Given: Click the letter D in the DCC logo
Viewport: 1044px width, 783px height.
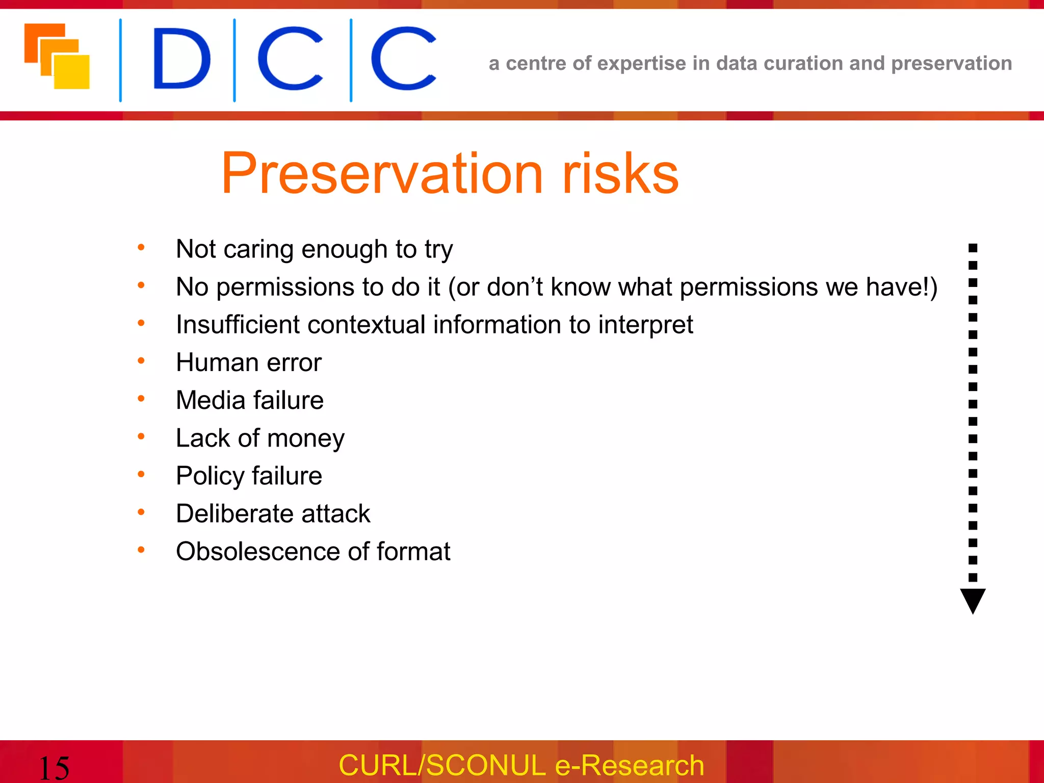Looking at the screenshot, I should click(x=181, y=59).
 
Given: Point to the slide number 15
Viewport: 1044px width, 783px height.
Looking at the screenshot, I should click(x=54, y=768).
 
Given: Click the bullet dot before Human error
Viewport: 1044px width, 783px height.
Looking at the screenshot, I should click(x=141, y=361).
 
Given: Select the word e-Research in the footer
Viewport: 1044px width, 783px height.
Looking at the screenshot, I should click(x=629, y=765).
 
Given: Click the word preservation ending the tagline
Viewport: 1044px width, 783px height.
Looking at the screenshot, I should click(x=951, y=63).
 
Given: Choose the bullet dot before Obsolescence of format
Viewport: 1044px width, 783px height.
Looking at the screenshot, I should click(x=141, y=550).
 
